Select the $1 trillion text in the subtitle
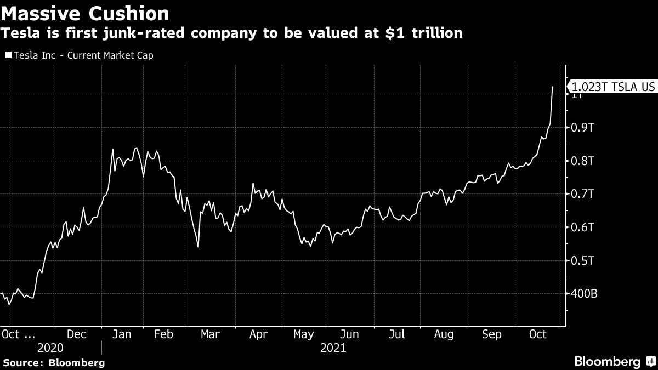[431, 33]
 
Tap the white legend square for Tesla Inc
[8, 55]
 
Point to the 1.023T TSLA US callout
[613, 87]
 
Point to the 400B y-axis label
[585, 294]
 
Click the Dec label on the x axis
[76, 334]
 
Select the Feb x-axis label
[163, 334]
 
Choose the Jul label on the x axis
[397, 334]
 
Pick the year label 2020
[50, 348]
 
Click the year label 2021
[333, 348]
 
